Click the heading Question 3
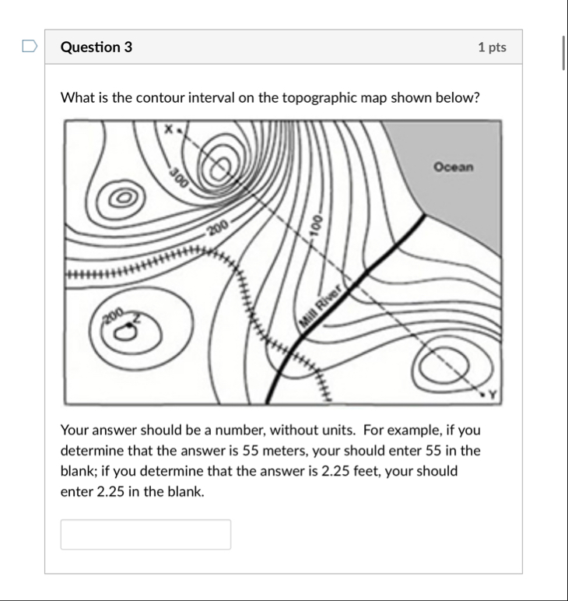[x=96, y=47]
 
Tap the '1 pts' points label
[x=492, y=47]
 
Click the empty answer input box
[x=146, y=534]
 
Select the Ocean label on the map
[x=453, y=167]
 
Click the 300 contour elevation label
[x=178, y=178]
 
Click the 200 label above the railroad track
[x=218, y=227]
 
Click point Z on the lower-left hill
[x=137, y=318]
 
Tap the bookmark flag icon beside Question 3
[x=30, y=47]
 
